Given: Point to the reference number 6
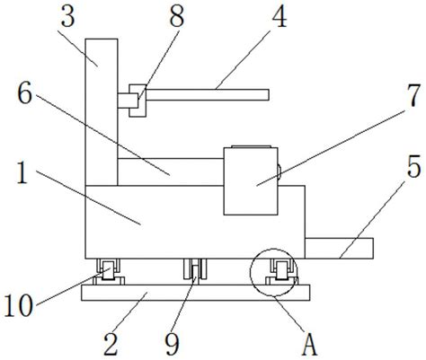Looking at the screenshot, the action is point(24,94).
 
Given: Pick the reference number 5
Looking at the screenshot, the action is point(414,168).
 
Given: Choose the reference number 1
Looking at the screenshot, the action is point(22,172).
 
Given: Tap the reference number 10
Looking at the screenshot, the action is point(19,305).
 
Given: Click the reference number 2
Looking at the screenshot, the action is point(111,345).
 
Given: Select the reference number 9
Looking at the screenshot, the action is point(173,345).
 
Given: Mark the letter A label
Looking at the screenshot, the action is point(310,345).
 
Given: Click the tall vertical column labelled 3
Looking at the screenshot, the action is point(102,112).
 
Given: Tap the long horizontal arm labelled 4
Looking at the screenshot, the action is point(208,94).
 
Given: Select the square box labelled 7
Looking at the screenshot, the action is point(251,181).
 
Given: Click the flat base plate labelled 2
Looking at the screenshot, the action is point(196,293).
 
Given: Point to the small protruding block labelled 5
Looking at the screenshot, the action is point(339,248).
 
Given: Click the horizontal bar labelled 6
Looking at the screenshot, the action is point(171,172).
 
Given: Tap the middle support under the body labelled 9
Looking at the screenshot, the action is point(195,269).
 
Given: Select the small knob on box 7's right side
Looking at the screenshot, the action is point(280,172).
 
